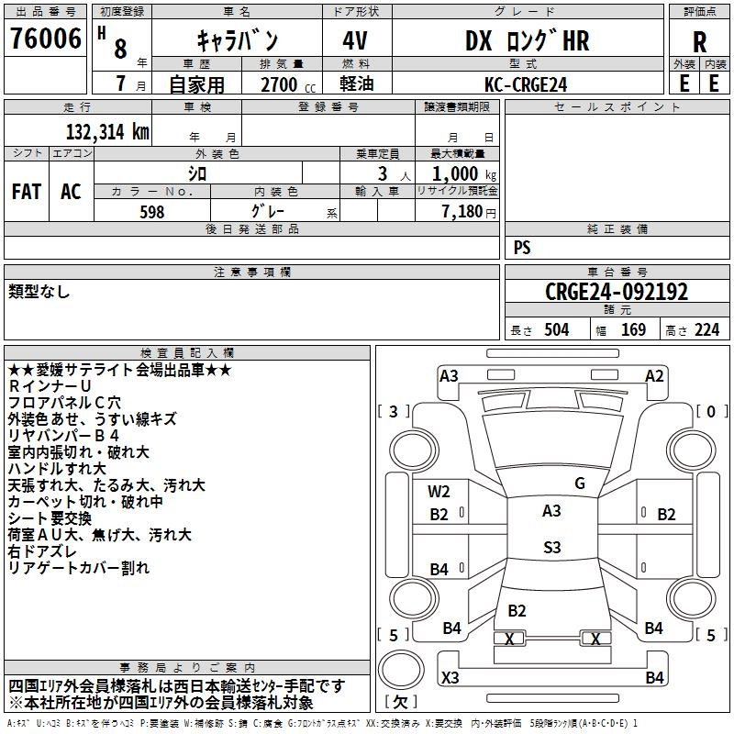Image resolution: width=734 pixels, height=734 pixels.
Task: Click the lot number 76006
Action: pyautogui.click(x=44, y=39)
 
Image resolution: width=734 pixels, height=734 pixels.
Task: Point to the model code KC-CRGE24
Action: pyautogui.click(x=526, y=84)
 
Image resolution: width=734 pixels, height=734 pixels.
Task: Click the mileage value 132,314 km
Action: pyautogui.click(x=107, y=131)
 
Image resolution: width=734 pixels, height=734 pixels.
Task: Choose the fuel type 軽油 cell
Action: pyautogui.click(x=354, y=84)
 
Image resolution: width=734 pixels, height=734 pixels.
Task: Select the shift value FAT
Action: pyautogui.click(x=26, y=191)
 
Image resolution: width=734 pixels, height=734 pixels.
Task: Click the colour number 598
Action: pyautogui.click(x=151, y=212)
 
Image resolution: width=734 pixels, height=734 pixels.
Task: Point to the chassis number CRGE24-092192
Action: pyautogui.click(x=617, y=292)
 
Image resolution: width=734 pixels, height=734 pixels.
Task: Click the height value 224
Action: pyautogui.click(x=706, y=330)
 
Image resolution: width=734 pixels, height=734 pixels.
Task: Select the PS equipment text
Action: pyautogui.click(x=522, y=248)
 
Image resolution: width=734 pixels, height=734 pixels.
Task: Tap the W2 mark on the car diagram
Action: pyautogui.click(x=439, y=492)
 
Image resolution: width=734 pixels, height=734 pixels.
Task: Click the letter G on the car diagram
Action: pyautogui.click(x=579, y=484)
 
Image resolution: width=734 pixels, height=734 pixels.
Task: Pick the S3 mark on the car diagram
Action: pyautogui.click(x=551, y=548)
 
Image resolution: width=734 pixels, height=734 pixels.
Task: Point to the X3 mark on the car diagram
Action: pyautogui.click(x=450, y=678)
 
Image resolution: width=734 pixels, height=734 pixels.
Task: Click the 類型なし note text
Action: pyautogui.click(x=39, y=292)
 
